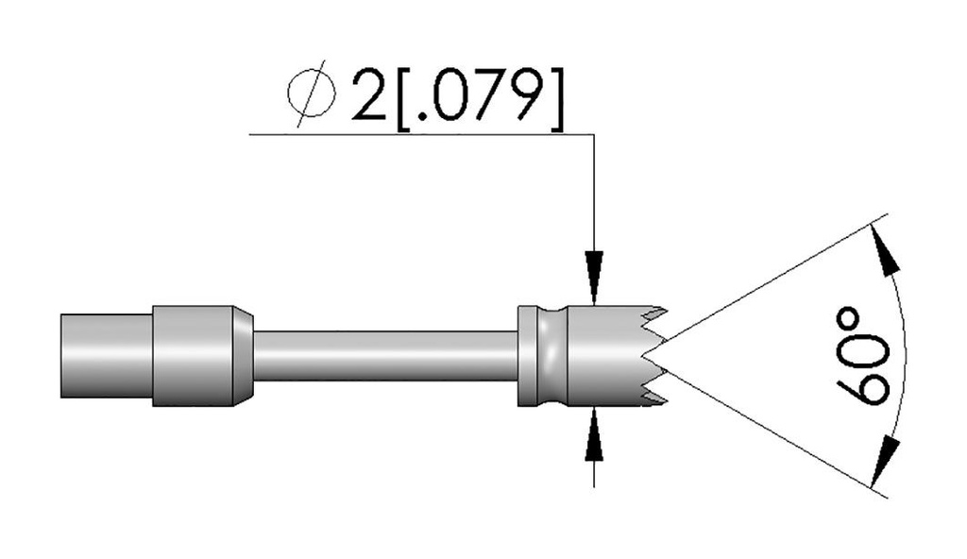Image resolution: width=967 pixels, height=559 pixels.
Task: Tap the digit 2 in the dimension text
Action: coord(366,95)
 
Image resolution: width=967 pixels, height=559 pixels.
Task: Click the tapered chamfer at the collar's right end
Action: coord(244,357)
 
